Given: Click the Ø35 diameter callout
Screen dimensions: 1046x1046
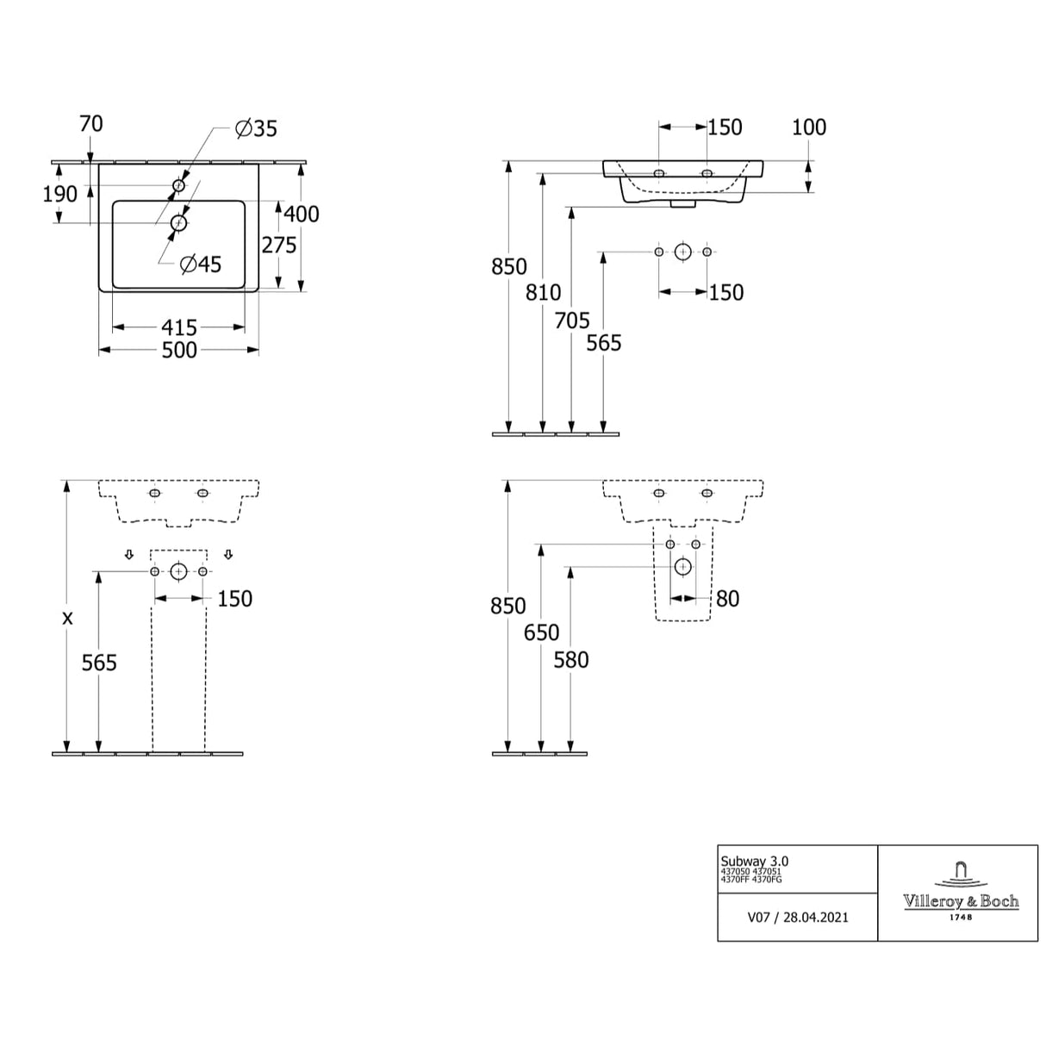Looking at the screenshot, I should click(257, 128).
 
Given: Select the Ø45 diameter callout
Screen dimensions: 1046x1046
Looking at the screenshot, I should click(201, 265).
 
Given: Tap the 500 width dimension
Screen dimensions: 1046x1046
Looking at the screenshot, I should click(179, 350).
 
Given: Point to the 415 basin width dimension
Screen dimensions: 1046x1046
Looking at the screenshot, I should click(179, 327).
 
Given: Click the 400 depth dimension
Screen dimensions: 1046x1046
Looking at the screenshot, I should click(302, 213).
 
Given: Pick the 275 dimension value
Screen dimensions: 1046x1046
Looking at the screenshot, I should click(279, 245).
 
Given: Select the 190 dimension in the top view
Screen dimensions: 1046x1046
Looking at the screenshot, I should click(60, 194).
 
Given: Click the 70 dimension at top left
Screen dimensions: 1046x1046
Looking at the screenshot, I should click(90, 124).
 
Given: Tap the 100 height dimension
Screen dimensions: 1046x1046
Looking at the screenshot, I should click(808, 128).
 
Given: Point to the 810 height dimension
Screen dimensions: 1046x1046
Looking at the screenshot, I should click(543, 293).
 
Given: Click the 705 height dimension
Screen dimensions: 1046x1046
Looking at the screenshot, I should click(572, 321).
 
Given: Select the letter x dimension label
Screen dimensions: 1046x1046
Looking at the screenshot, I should click(67, 618).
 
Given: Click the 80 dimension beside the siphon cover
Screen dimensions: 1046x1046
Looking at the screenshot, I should click(727, 599).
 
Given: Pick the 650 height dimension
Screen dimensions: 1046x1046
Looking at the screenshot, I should click(541, 632).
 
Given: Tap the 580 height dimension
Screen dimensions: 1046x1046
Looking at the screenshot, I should click(571, 660).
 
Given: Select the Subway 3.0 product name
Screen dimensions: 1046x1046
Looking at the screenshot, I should click(754, 861).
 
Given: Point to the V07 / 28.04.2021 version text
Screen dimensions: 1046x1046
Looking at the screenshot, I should click(797, 918).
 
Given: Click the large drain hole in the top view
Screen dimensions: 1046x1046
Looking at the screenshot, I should click(179, 223).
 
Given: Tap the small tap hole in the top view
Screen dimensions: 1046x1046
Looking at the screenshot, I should click(179, 185).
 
